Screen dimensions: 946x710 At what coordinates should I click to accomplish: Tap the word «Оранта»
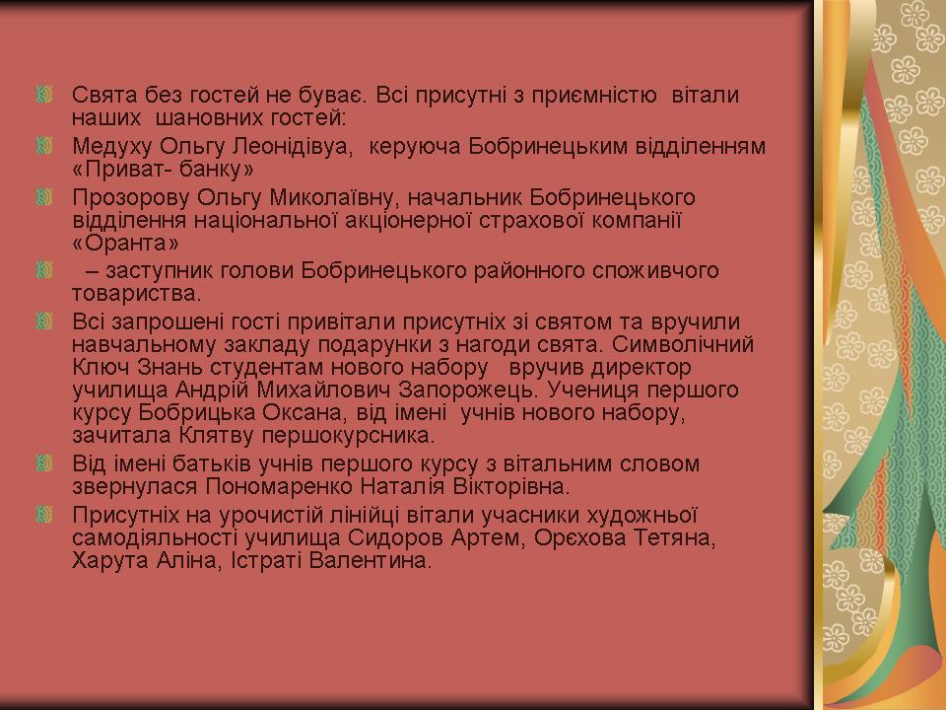pos(126,243)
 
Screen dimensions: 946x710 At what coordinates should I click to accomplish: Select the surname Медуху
pos(112,147)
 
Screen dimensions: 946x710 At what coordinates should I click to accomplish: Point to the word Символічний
pos(682,344)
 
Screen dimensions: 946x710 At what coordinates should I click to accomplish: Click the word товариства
pos(136,294)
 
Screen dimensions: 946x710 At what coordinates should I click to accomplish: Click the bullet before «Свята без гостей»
pos(44,95)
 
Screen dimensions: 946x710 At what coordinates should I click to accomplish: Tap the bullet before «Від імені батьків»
pos(44,463)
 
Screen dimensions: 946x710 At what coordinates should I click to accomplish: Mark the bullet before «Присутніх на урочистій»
pos(44,515)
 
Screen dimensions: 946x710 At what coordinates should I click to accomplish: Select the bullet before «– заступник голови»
pos(44,270)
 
